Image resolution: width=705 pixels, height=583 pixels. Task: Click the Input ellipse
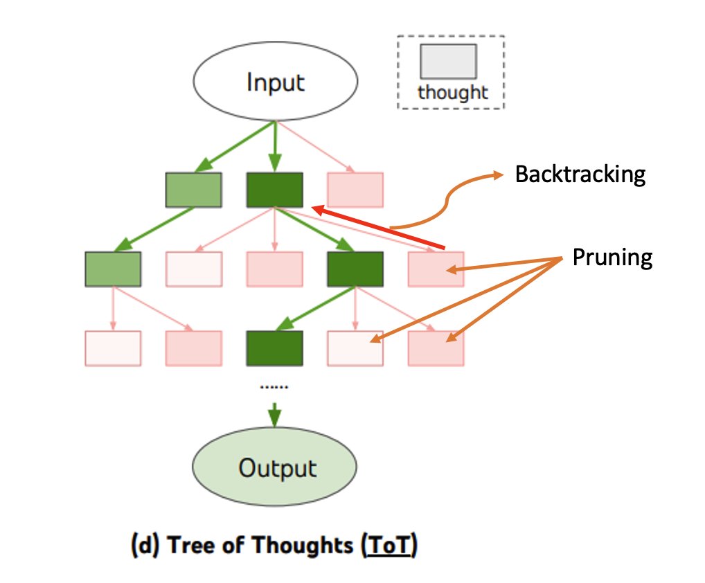pos(275,82)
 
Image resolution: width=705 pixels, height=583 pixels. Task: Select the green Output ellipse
pos(275,468)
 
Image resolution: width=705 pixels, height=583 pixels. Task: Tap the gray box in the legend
pos(447,61)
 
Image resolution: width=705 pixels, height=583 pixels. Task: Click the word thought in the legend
pos(453,93)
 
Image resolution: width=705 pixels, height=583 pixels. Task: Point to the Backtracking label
pos(580,174)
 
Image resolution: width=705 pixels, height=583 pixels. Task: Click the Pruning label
pos(612,258)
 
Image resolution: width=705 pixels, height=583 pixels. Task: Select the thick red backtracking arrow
pos(377,226)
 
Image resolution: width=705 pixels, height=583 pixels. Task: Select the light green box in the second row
pos(113,269)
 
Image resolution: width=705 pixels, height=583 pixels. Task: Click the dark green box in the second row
pos(355,269)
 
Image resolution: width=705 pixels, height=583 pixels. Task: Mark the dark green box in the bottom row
pos(275,348)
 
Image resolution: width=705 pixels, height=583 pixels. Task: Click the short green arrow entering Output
pos(275,413)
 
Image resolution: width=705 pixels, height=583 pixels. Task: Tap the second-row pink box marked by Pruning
pos(436,269)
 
